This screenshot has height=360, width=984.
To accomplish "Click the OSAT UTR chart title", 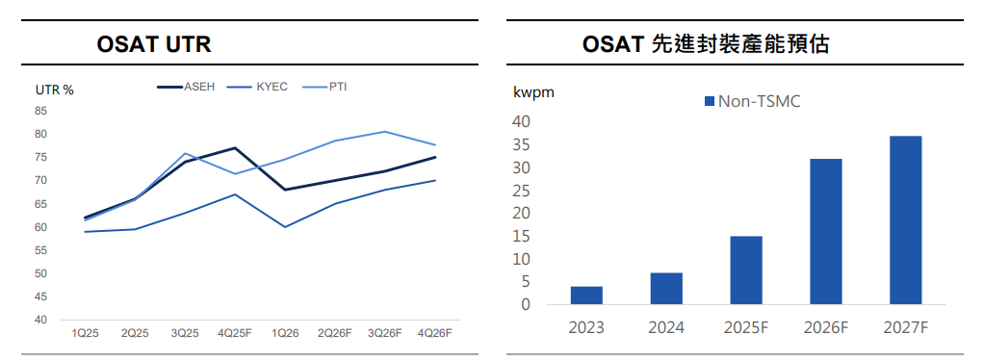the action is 154,45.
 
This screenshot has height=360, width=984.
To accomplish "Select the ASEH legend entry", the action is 186,88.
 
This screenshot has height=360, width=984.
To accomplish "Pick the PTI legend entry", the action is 324,88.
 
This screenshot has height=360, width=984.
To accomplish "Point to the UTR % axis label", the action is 55,90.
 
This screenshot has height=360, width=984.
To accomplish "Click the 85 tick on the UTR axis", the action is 41,111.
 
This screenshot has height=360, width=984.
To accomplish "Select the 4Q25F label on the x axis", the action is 234,333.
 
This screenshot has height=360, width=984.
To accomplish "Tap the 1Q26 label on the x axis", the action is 285,333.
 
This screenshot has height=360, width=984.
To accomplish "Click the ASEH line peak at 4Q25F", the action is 234,148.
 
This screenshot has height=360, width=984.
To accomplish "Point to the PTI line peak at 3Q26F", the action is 385,132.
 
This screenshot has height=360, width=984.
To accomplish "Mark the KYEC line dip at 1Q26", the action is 285,227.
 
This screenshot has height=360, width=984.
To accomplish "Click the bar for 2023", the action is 586,296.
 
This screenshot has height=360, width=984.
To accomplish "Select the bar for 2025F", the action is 746,270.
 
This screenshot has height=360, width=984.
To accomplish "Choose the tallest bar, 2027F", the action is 906,220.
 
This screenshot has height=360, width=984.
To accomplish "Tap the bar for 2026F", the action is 826,232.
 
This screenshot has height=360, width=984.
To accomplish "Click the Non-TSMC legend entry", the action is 752,102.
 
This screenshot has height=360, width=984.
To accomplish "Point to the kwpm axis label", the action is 534,92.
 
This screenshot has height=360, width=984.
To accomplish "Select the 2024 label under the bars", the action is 666,327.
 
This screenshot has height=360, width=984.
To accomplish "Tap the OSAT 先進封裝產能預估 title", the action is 706,44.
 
